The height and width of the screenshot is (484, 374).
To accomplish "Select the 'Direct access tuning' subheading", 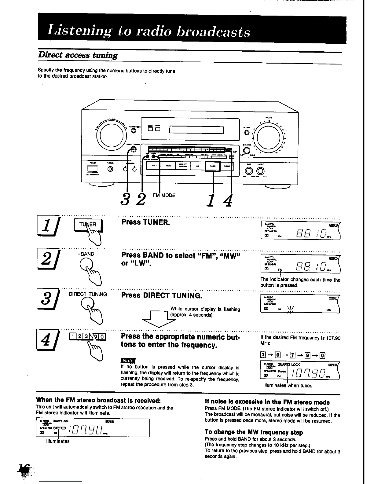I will pyautogui.click(x=78, y=55).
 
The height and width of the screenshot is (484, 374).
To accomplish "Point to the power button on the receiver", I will pyautogui.click(x=91, y=169).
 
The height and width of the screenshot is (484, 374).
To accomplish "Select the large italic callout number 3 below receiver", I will pyautogui.click(x=124, y=200).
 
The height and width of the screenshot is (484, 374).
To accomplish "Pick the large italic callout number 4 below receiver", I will pyautogui.click(x=228, y=200).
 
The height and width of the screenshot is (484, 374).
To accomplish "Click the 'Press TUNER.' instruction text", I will pyautogui.click(x=145, y=222).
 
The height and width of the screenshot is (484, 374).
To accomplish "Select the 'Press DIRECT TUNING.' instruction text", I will pyautogui.click(x=162, y=295).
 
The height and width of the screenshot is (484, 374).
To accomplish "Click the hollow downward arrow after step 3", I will pyautogui.click(x=157, y=319).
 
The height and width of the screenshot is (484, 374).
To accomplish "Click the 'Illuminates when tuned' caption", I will pyautogui.click(x=288, y=386).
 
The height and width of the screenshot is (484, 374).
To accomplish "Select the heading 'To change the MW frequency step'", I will pyautogui.click(x=254, y=432).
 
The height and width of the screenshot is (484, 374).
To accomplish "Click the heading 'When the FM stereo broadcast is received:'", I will pyautogui.click(x=98, y=400).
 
